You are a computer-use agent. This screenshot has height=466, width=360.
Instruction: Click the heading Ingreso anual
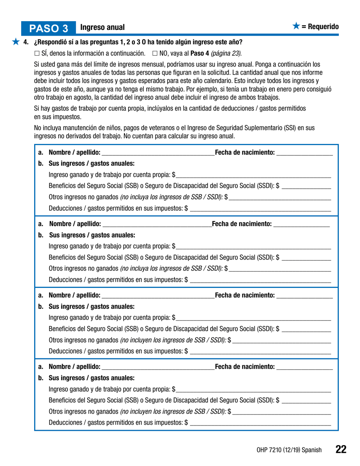(102, 28)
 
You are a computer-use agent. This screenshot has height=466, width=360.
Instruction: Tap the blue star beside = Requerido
(296, 26)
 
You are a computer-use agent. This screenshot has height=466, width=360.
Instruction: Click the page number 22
(341, 449)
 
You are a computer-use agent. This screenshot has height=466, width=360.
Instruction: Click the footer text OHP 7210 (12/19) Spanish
(289, 450)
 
